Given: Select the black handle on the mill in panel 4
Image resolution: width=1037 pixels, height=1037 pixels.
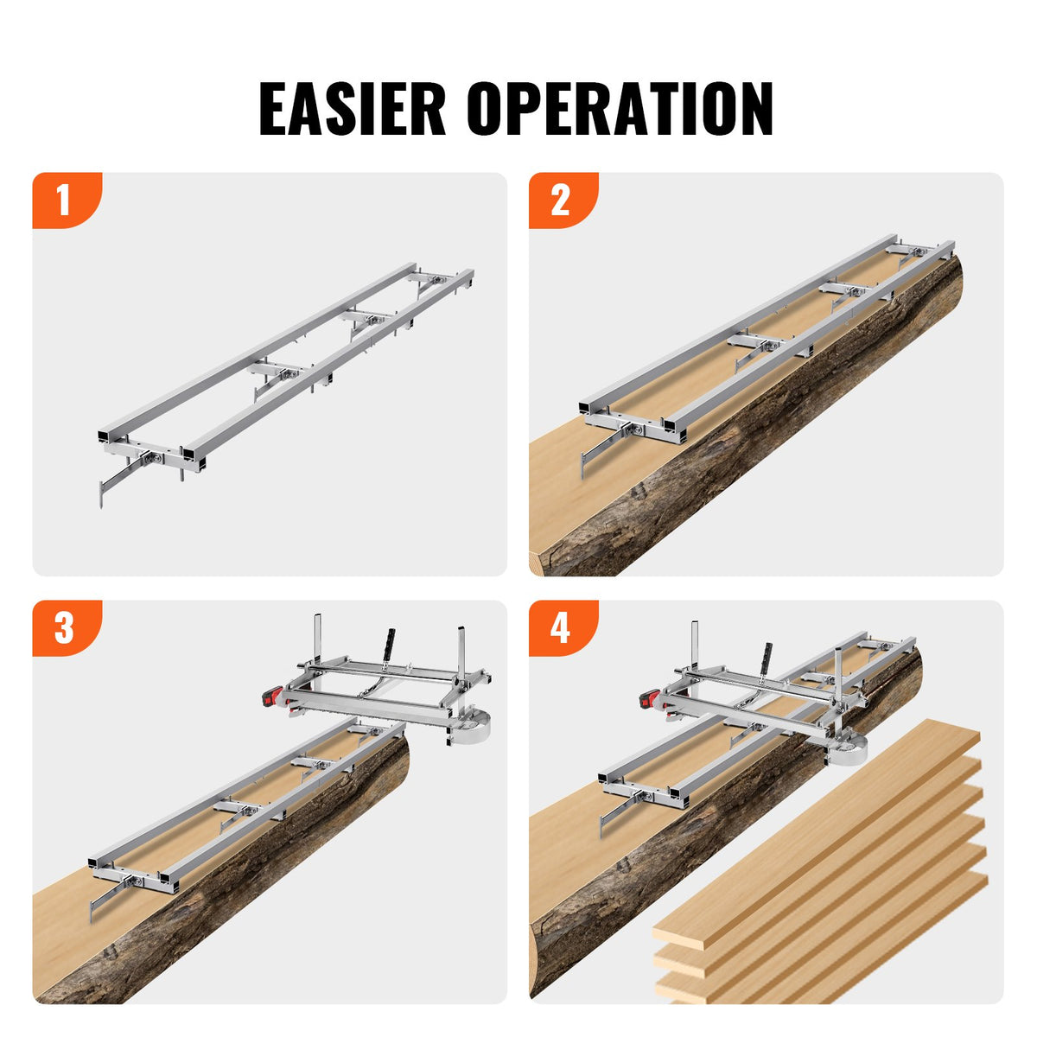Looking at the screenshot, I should tap(766, 656).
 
